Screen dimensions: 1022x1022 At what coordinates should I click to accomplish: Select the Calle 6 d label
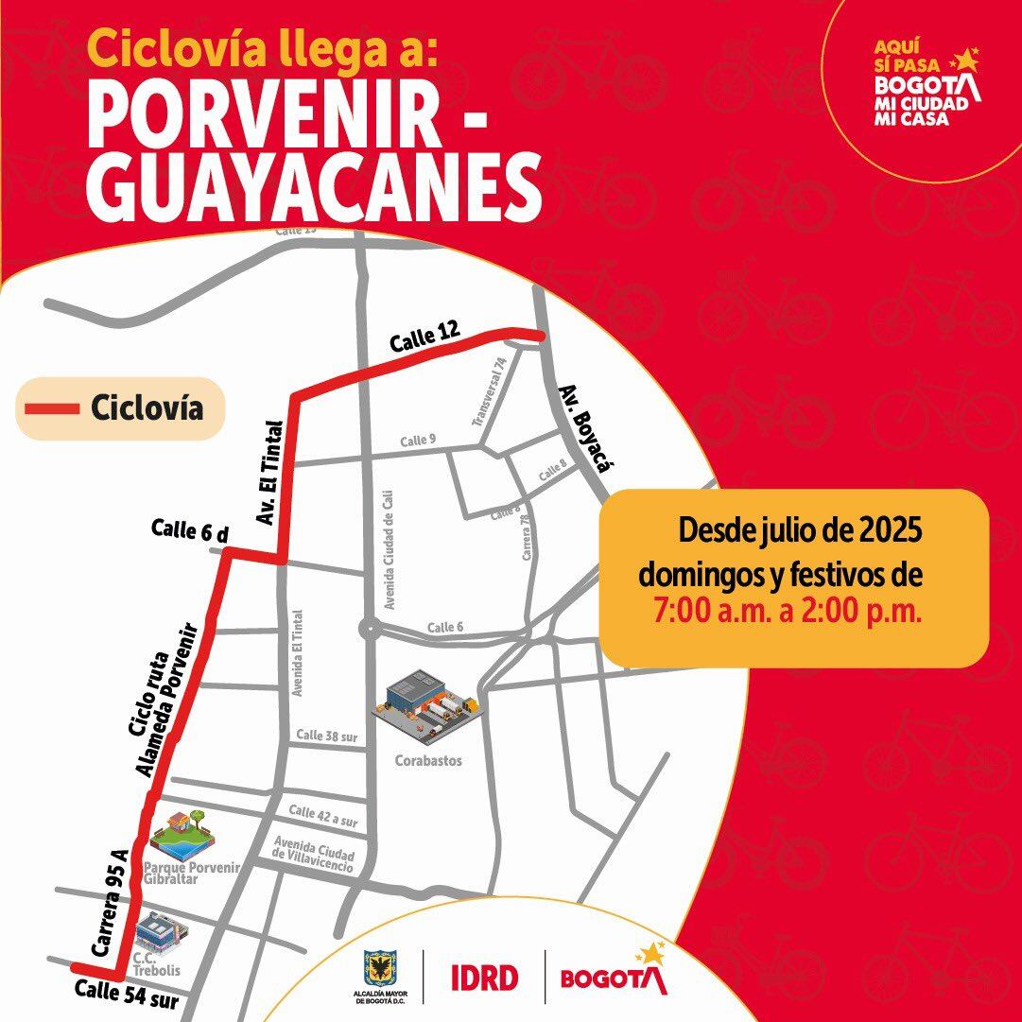190,533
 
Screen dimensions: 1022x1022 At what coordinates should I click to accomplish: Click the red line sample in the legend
51,408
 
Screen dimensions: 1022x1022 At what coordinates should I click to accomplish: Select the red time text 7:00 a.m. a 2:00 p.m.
787,611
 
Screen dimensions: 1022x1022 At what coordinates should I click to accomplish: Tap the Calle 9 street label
418,441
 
